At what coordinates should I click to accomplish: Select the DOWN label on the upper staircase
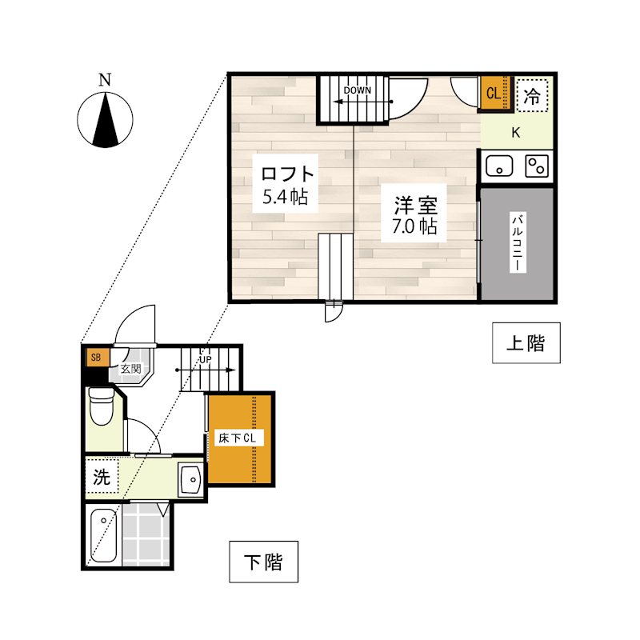tap(357, 90)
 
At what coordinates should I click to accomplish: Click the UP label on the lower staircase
tap(206, 359)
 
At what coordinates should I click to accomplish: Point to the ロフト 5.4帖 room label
tap(285, 185)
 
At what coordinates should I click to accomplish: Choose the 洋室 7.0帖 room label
tap(414, 215)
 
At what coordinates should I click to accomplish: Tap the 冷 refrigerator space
tap(532, 96)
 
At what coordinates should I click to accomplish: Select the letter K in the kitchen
tap(516, 133)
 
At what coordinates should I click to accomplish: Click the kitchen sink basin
tap(498, 166)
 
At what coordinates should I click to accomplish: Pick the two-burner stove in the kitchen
tap(537, 166)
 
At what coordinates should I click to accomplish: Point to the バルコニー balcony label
tap(518, 242)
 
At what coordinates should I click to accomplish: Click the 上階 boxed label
tap(526, 343)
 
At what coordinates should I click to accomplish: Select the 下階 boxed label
tap(264, 562)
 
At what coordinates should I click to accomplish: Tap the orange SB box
tap(96, 357)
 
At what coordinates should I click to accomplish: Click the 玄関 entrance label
tap(130, 369)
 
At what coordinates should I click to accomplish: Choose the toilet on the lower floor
tap(101, 406)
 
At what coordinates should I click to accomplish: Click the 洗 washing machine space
tap(102, 476)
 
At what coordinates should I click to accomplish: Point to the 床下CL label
tap(238, 438)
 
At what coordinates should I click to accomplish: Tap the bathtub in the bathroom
tap(103, 535)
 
